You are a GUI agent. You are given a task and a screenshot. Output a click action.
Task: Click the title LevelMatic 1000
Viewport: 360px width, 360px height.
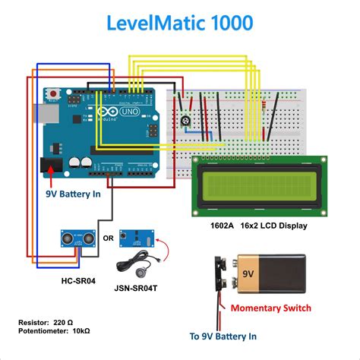point(179,23)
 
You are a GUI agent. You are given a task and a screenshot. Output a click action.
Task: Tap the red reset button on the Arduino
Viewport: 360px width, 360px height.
point(54,95)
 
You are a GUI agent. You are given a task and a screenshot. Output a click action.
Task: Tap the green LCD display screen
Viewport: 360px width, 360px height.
point(259,183)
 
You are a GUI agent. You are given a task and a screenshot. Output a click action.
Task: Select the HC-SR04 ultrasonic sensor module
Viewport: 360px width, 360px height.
point(77,240)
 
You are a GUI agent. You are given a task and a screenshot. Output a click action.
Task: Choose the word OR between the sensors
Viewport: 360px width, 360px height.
point(108,238)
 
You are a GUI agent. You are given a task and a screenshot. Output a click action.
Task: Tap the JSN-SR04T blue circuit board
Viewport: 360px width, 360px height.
point(142,238)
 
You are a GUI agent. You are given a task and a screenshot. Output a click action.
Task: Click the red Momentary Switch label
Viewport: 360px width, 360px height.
point(270,308)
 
